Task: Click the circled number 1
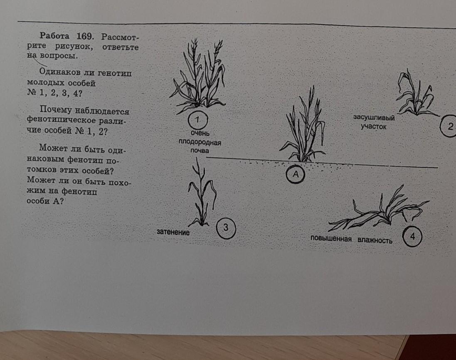pyautogui.click(x=198, y=120)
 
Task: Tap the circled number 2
pyautogui.click(x=449, y=126)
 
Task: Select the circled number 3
pyautogui.click(x=226, y=228)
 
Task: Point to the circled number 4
pyautogui.click(x=412, y=237)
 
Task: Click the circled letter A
pyautogui.click(x=296, y=174)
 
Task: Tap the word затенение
pyautogui.click(x=173, y=232)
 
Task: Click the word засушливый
pyautogui.click(x=374, y=118)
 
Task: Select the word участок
pyautogui.click(x=374, y=127)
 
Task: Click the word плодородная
pyautogui.click(x=200, y=142)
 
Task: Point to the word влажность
pyautogui.click(x=375, y=240)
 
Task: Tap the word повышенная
pyautogui.click(x=331, y=238)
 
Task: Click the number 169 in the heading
pyautogui.click(x=85, y=36)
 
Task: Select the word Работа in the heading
pyautogui.click(x=55, y=36)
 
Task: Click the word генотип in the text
pyautogui.click(x=115, y=73)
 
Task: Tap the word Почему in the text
pyautogui.click(x=56, y=110)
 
